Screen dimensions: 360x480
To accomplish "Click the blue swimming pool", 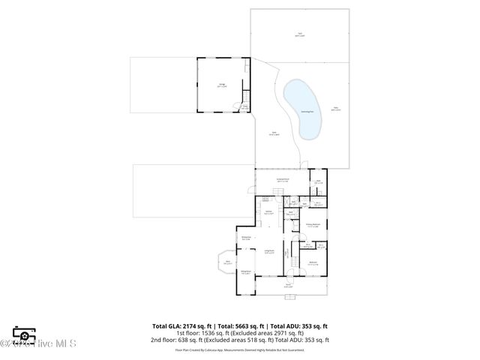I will point(304,109).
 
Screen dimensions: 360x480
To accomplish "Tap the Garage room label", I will point(222,85).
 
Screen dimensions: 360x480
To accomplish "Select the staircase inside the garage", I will point(244,106).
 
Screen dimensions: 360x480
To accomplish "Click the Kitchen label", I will point(268,212).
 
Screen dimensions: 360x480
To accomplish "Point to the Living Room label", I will point(269,251).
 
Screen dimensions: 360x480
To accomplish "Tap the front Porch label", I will point(288,285).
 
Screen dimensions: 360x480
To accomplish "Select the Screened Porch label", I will point(283,180).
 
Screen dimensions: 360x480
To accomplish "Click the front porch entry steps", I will point(289,296).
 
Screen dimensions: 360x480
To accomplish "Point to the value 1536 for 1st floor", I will point(206,333).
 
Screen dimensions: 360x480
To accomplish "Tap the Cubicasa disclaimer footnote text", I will point(240,349).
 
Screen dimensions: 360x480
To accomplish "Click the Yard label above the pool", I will point(299,34).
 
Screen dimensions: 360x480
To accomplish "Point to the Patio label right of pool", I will point(337,109).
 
